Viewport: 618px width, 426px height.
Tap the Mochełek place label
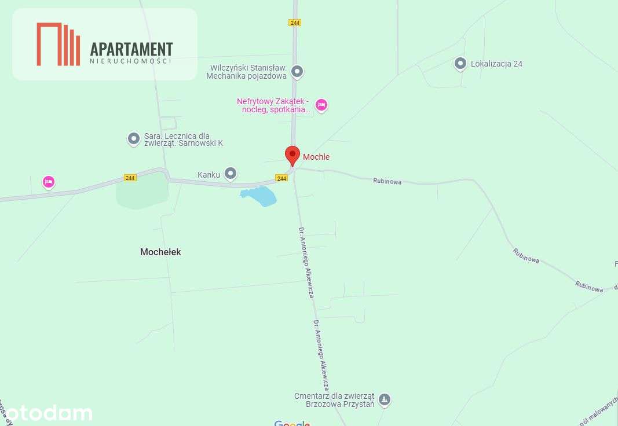coord(160,252)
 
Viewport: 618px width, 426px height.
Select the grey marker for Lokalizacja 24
coord(460,64)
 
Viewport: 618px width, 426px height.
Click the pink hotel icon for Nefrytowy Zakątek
coord(321,105)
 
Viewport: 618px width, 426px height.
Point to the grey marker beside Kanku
coord(231,173)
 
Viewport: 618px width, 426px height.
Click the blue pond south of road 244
coord(259,196)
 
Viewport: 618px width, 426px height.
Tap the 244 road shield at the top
coord(295,23)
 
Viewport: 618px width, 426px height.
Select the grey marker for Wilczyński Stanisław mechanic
coord(297,72)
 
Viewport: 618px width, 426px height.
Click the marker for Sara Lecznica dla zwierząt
coord(134,139)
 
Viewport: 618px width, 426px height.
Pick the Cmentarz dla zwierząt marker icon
coord(384,399)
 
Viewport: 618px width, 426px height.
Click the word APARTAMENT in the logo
coord(131,49)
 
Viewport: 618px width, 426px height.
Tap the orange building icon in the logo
coord(58,45)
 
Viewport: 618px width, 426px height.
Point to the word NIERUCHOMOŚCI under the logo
coord(131,61)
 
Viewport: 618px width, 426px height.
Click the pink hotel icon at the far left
coord(49,182)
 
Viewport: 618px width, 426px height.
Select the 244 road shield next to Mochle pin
coord(281,178)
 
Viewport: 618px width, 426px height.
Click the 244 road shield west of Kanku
coord(130,178)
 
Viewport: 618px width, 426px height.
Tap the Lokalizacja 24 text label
coord(496,64)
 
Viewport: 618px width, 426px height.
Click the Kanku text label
coord(209,174)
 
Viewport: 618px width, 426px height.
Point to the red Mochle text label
coord(316,157)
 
